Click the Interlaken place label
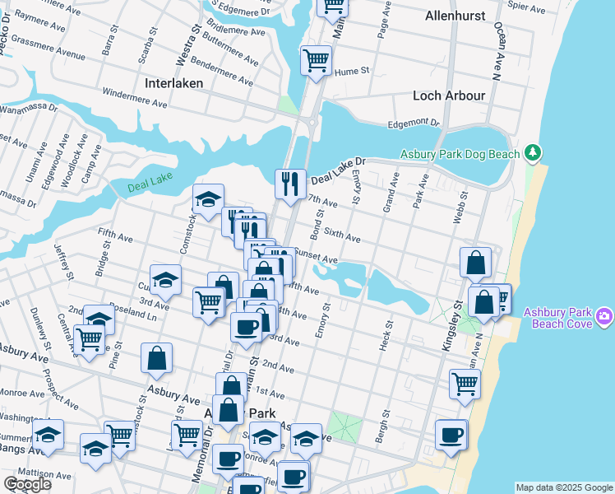[178, 83]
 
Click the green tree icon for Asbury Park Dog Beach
[534, 152]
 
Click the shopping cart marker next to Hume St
[316, 60]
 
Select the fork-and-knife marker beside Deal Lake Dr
[289, 183]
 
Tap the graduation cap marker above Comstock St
[208, 198]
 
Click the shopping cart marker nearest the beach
[465, 383]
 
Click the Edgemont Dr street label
[414, 123]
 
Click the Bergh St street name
[381, 426]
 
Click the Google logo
[27, 484]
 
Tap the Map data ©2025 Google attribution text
[563, 487]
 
